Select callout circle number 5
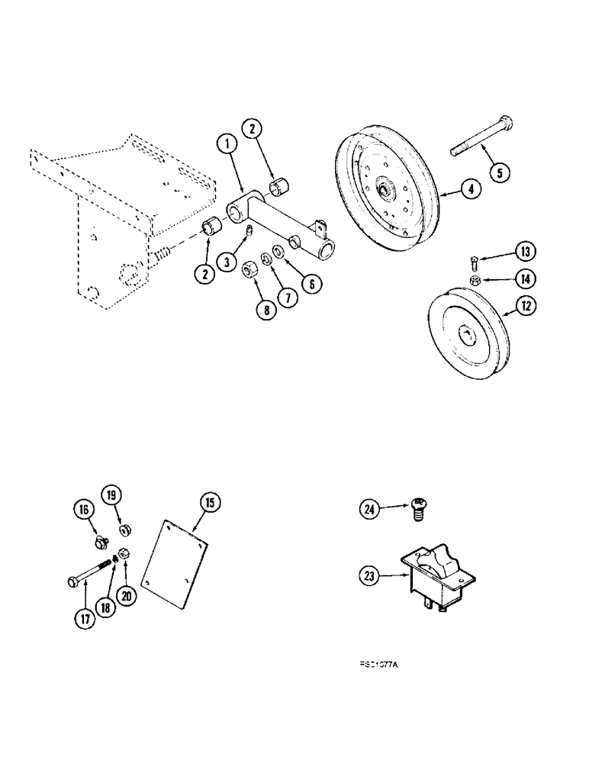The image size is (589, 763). pos(499,172)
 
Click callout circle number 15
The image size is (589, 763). pos(209,502)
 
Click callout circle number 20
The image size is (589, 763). pos(127,594)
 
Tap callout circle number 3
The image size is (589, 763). pos(227,261)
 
